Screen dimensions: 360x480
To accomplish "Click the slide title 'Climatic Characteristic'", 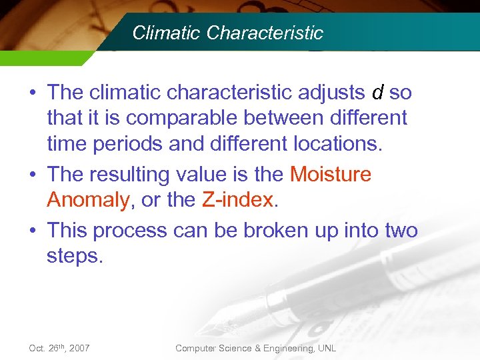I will click(x=227, y=33).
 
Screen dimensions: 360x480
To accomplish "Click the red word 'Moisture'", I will click(x=331, y=174).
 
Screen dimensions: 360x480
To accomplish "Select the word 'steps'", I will click(x=75, y=256).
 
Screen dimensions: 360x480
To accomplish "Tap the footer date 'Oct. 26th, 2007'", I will click(x=60, y=348).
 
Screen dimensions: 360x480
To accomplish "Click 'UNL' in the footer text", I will click(x=327, y=348).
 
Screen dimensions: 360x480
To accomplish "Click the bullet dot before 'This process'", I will click(x=33, y=231).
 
